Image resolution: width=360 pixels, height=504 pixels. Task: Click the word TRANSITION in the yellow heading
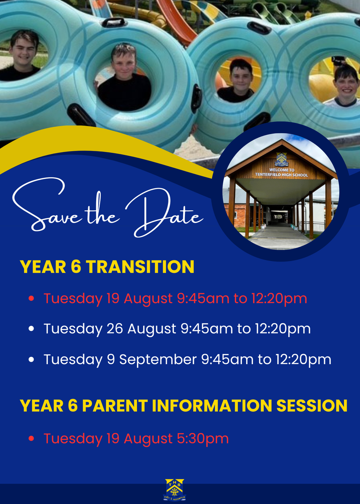click(140, 267)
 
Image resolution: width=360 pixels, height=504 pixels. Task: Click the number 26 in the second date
click(115, 329)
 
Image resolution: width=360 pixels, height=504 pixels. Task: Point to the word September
click(158, 360)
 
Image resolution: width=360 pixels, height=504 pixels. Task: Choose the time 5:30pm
click(203, 439)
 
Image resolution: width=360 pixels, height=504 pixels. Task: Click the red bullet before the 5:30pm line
click(31, 438)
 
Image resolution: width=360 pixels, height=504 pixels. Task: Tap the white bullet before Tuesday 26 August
click(31, 329)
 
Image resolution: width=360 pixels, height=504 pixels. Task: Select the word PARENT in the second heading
click(115, 406)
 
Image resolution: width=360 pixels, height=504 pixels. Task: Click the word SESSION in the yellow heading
click(312, 406)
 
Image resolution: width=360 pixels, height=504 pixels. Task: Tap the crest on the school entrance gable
click(281, 160)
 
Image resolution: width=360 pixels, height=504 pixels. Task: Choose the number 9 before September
click(111, 360)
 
